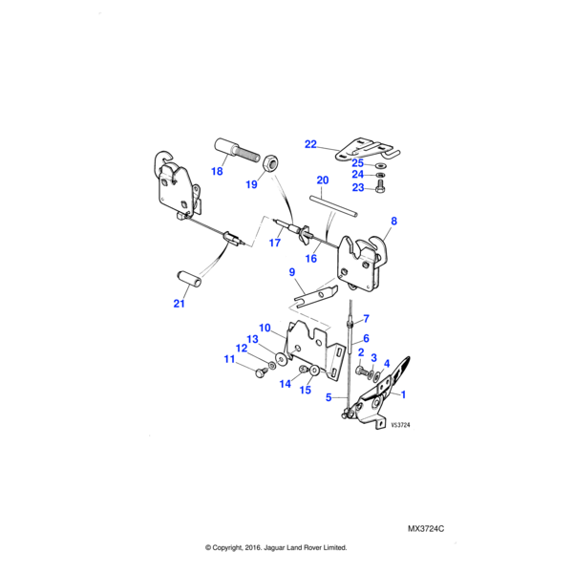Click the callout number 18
click(x=217, y=172)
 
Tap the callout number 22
click(x=310, y=144)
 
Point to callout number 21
click(x=179, y=305)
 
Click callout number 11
click(x=228, y=359)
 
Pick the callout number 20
click(x=322, y=180)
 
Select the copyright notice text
click(x=276, y=548)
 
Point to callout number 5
click(x=329, y=396)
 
